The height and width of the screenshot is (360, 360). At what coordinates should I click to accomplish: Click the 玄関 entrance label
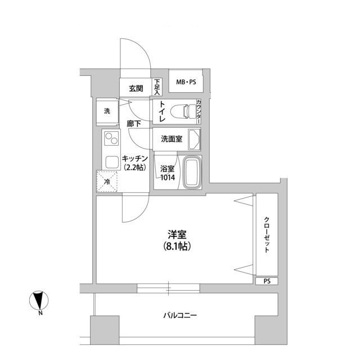tap(136, 88)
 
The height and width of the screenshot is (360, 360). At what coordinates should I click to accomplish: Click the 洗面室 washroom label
tap(170, 139)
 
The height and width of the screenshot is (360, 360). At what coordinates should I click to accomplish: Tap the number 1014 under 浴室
tap(167, 178)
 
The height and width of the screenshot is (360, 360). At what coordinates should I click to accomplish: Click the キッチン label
tap(134, 159)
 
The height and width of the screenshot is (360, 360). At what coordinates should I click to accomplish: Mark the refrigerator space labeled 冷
tap(107, 181)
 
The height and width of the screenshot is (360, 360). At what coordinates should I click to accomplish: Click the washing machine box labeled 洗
tap(107, 111)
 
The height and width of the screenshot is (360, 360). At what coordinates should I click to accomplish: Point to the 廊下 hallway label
tap(133, 124)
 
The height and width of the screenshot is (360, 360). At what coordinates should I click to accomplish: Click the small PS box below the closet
tap(266, 281)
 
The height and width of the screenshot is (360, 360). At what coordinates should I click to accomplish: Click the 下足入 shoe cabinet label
tap(158, 87)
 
